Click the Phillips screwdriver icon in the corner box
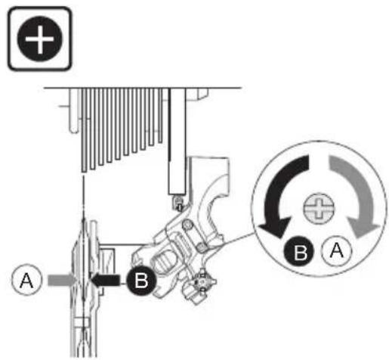(x=40, y=39)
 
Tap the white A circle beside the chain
(x=26, y=280)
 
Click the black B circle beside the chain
(x=142, y=280)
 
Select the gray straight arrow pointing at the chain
(x=62, y=280)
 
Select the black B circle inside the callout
(x=300, y=251)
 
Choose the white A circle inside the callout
(x=337, y=250)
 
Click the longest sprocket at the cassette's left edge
(x=84, y=130)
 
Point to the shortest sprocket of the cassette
(x=160, y=116)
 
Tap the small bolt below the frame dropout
(x=178, y=202)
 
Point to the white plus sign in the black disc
(x=40, y=39)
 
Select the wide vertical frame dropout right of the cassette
(x=178, y=141)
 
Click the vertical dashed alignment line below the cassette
(x=83, y=199)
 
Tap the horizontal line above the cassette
(x=143, y=88)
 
